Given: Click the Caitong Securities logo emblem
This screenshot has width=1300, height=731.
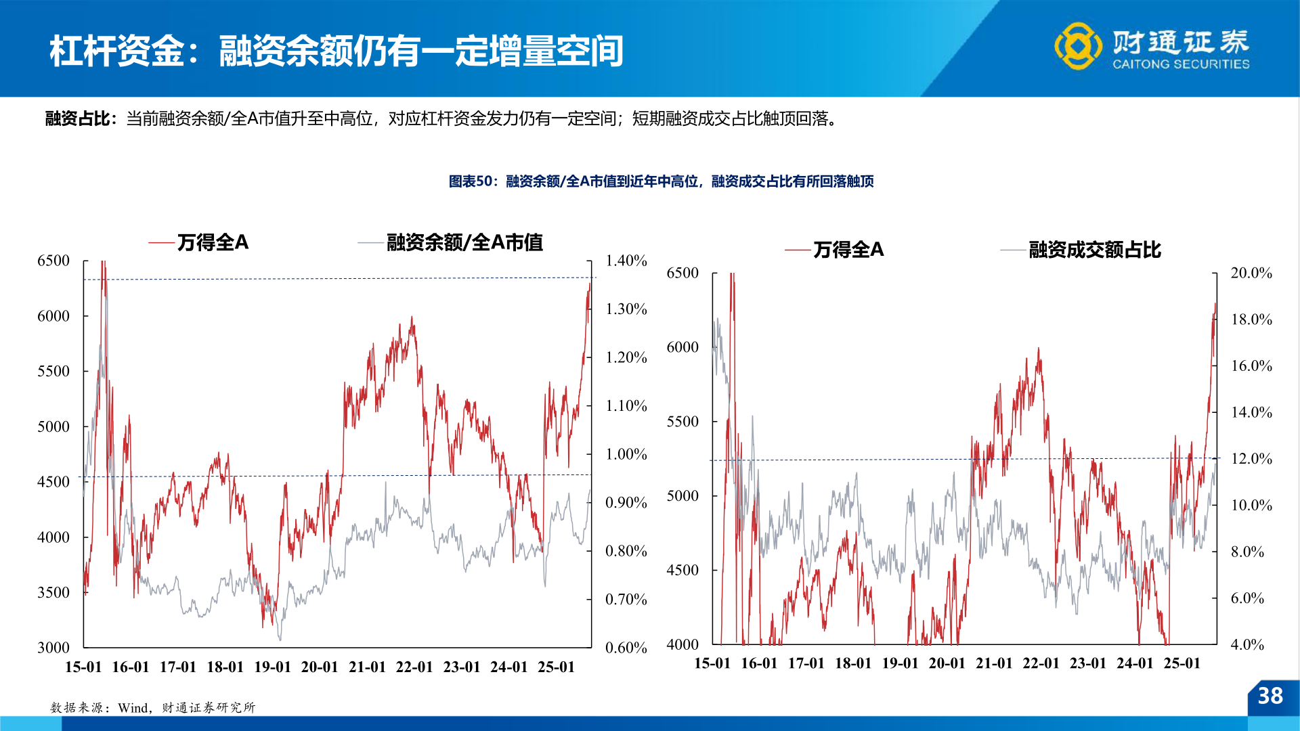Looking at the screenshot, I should [x=1077, y=46].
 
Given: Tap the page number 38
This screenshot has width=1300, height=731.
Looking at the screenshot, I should [x=1270, y=696].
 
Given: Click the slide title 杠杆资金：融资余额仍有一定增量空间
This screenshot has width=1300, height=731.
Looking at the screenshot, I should [x=336, y=51].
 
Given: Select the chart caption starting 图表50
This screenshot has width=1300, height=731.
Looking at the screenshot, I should [x=661, y=181].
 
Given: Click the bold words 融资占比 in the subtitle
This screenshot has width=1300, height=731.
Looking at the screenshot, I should [x=78, y=119].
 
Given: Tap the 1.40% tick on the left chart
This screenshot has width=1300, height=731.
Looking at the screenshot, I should [x=626, y=261].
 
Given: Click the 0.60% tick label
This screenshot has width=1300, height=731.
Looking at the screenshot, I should [x=626, y=648].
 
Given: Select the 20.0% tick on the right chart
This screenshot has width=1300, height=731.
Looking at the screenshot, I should [x=1251, y=273].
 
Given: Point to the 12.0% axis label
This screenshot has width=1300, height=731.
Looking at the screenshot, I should [x=1251, y=459].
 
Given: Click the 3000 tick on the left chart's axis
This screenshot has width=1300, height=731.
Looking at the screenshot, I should [x=53, y=648].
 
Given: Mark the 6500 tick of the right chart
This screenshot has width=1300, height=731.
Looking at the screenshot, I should [x=682, y=273].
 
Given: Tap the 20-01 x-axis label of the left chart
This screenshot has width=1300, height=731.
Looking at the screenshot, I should [x=320, y=667].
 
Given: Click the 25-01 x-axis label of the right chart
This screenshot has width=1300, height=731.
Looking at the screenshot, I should [x=1182, y=663].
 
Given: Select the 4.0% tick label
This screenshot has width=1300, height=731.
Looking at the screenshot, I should [x=1247, y=644].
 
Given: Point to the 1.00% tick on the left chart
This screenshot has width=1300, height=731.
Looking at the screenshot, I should [x=626, y=454].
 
